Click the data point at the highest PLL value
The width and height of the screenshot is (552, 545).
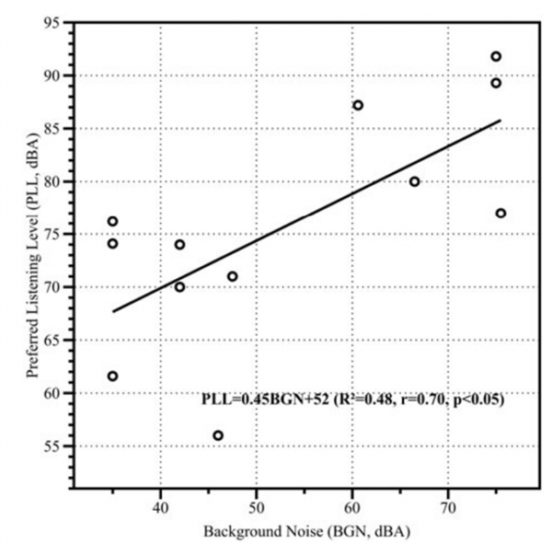(496, 56)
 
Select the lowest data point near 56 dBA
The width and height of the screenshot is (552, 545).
(218, 435)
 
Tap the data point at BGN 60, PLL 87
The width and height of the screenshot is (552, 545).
(358, 105)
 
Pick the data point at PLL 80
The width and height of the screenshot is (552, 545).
(415, 181)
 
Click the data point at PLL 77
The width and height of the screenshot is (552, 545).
(500, 213)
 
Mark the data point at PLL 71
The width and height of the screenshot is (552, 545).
(233, 276)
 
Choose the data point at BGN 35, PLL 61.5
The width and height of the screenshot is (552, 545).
(112, 376)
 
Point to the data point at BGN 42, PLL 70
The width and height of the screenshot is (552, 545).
(179, 286)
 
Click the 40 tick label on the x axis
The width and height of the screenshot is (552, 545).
(160, 507)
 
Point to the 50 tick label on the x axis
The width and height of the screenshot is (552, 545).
(256, 507)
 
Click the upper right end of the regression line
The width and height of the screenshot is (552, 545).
(500, 120)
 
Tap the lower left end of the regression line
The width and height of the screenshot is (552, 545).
(112, 311)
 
